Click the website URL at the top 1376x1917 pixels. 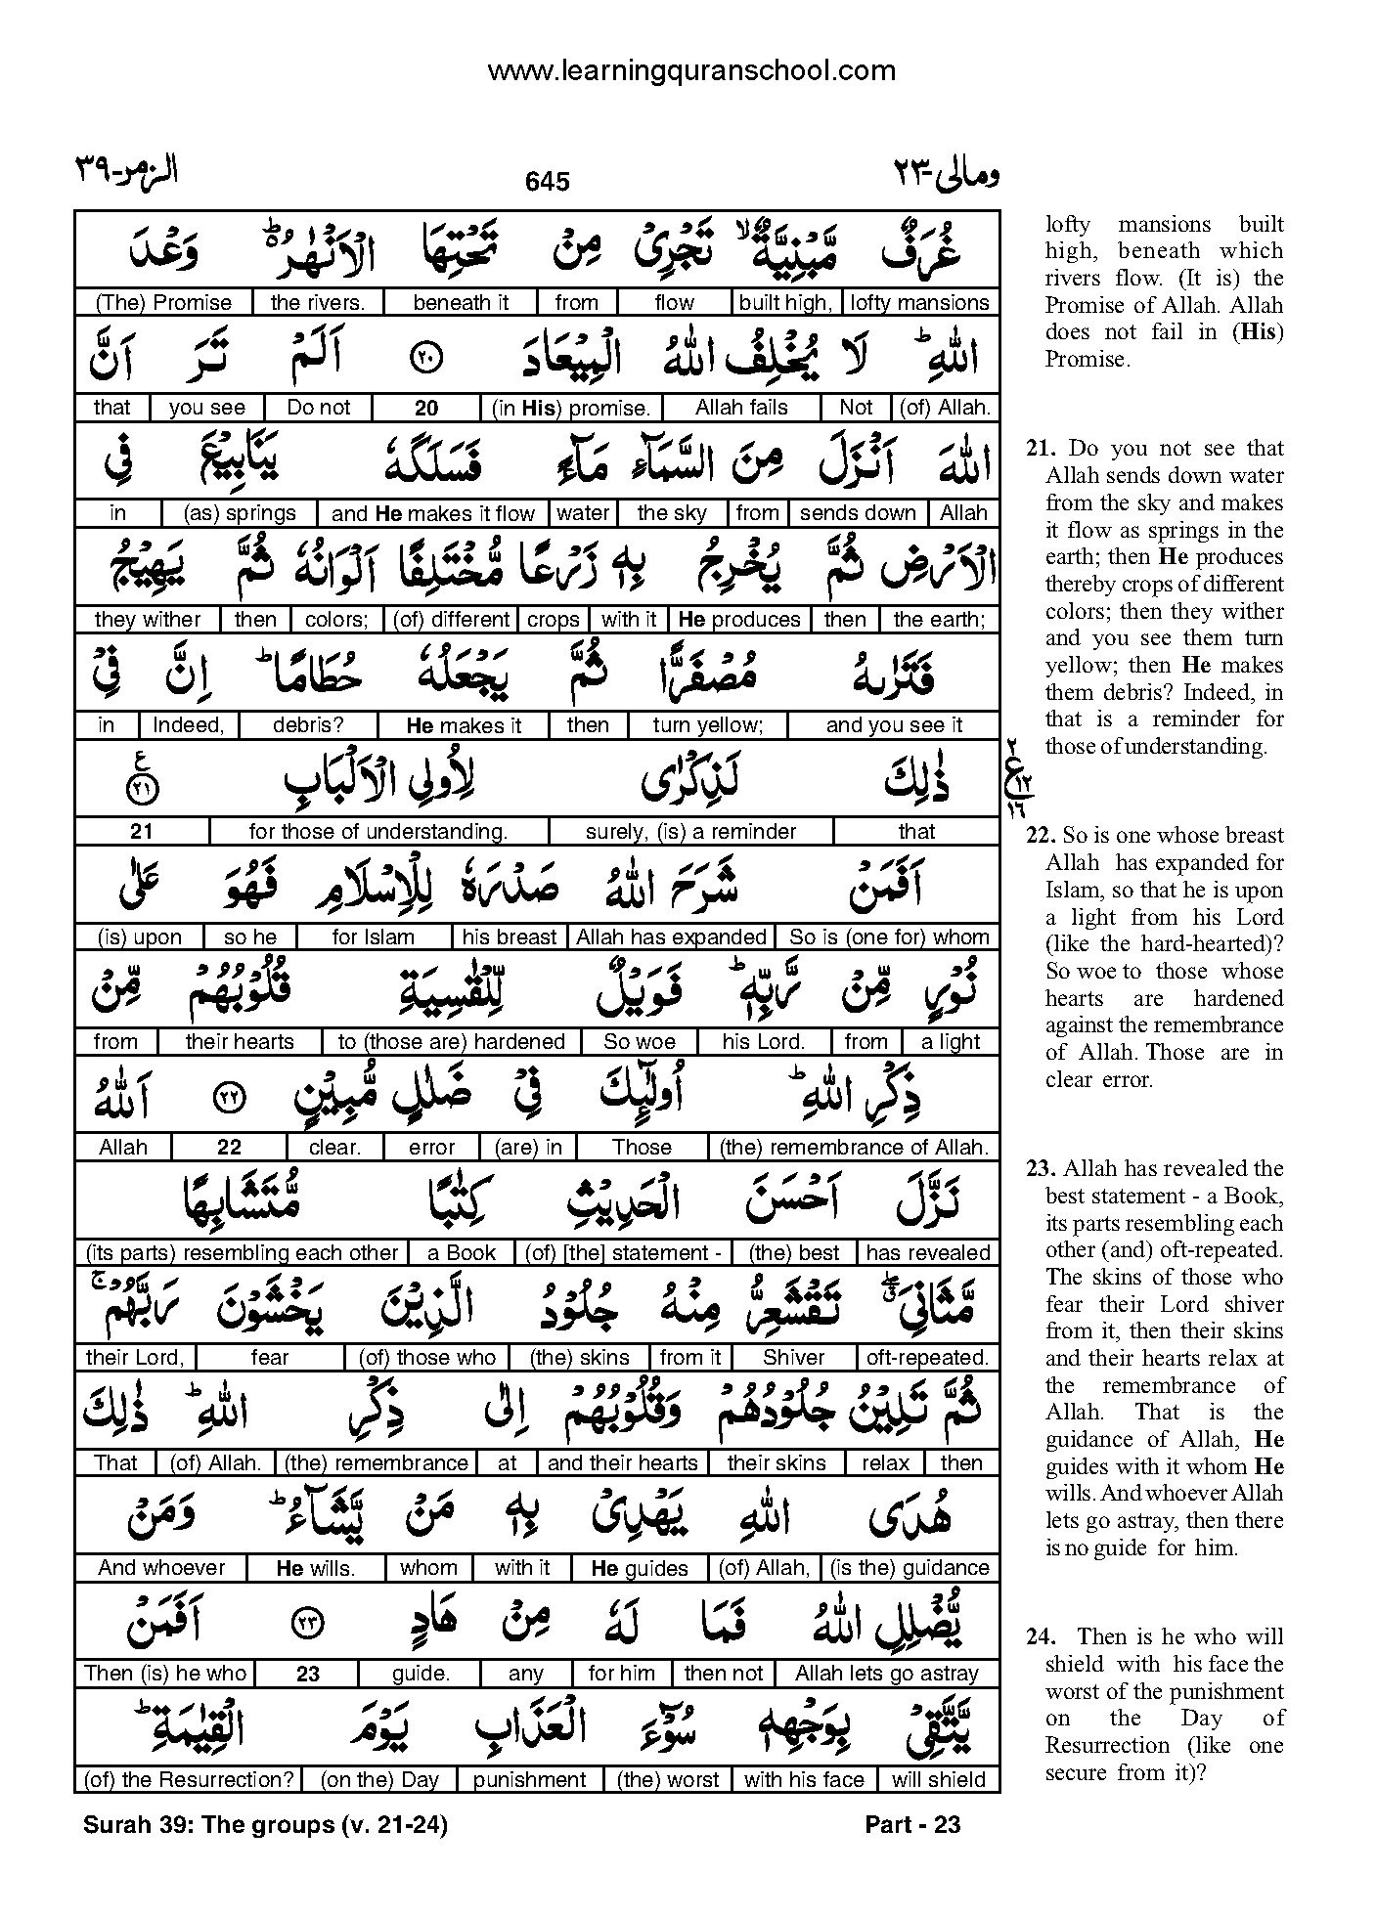pos(690,71)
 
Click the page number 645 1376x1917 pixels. pos(547,182)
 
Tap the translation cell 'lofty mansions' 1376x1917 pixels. pos(919,303)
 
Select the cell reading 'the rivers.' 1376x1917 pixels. pos(317,303)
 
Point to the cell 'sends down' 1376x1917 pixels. pos(858,513)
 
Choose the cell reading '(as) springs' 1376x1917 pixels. pos(240,513)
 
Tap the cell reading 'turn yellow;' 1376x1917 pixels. pos(707,725)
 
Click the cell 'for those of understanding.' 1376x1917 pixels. pos(377,832)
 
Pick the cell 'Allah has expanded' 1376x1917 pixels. pos(671,937)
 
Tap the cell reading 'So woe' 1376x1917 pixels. pos(640,1042)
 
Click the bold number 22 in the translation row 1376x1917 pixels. pos(229,1148)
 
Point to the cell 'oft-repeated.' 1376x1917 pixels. pos(927,1358)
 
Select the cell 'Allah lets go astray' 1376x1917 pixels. pos(886,1674)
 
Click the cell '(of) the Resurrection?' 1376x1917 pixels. pos(188,1780)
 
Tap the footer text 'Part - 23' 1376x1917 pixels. pos(912,1824)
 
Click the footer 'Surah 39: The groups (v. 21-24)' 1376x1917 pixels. pos(266,1824)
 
